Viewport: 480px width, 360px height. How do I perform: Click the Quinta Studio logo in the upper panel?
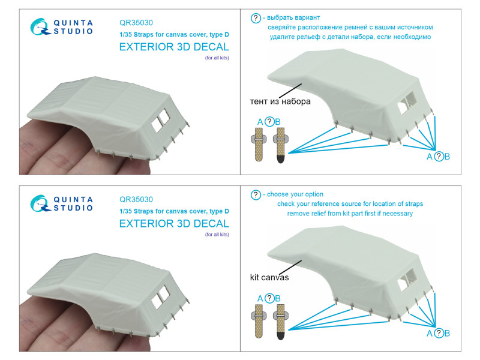click(x=62, y=27)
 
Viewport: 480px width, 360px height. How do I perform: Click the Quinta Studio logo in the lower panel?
click(x=62, y=203)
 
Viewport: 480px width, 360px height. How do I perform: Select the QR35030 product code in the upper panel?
click(x=136, y=23)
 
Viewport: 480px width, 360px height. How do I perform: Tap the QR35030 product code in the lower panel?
click(x=136, y=199)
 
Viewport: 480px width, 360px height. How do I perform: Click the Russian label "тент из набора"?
click(x=280, y=101)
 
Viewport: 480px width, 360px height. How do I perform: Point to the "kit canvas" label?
click(x=269, y=277)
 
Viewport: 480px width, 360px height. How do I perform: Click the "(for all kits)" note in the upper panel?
click(x=217, y=58)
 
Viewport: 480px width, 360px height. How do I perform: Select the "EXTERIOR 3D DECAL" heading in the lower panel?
click(x=174, y=223)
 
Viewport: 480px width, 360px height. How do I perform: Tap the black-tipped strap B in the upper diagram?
click(x=281, y=145)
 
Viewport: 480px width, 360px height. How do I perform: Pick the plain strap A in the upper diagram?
click(x=259, y=144)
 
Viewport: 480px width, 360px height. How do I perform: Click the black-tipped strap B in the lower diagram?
click(x=281, y=322)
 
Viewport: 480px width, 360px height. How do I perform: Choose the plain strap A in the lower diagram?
click(x=259, y=321)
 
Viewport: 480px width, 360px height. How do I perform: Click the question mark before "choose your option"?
click(x=256, y=194)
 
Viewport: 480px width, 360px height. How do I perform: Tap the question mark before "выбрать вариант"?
click(x=256, y=18)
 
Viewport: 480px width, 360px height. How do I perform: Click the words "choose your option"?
click(x=295, y=194)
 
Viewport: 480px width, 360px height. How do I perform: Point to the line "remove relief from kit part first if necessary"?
click(x=350, y=214)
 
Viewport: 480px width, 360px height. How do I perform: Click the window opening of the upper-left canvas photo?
click(x=161, y=121)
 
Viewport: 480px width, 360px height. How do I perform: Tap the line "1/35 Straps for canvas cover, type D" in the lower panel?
click(x=174, y=211)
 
